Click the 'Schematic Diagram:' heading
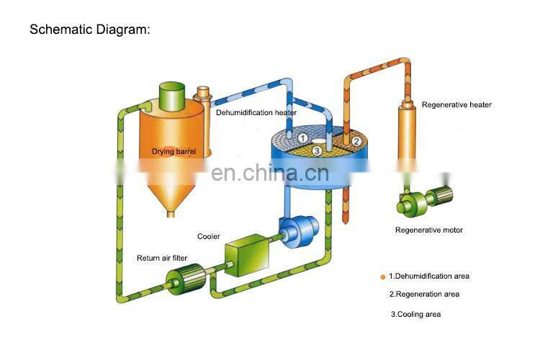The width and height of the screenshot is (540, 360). pyautogui.click(x=90, y=30)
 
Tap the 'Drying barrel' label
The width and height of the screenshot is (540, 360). pyautogui.click(x=174, y=152)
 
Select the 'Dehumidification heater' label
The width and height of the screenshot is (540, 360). pyautogui.click(x=256, y=112)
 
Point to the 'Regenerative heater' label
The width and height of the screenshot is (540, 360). pyautogui.click(x=456, y=105)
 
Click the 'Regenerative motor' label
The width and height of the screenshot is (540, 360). pyautogui.click(x=429, y=230)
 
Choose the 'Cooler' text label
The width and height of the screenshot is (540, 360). pyautogui.click(x=209, y=236)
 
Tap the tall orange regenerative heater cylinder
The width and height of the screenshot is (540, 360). pyautogui.click(x=407, y=144)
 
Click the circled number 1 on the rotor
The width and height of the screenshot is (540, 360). pyautogui.click(x=303, y=138)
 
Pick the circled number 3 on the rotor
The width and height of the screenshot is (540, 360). pyautogui.click(x=317, y=151)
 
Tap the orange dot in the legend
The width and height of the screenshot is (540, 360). pyautogui.click(x=383, y=276)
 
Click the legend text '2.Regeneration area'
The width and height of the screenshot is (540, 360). pyautogui.click(x=424, y=294)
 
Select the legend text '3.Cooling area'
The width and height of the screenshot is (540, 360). pyautogui.click(x=416, y=314)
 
